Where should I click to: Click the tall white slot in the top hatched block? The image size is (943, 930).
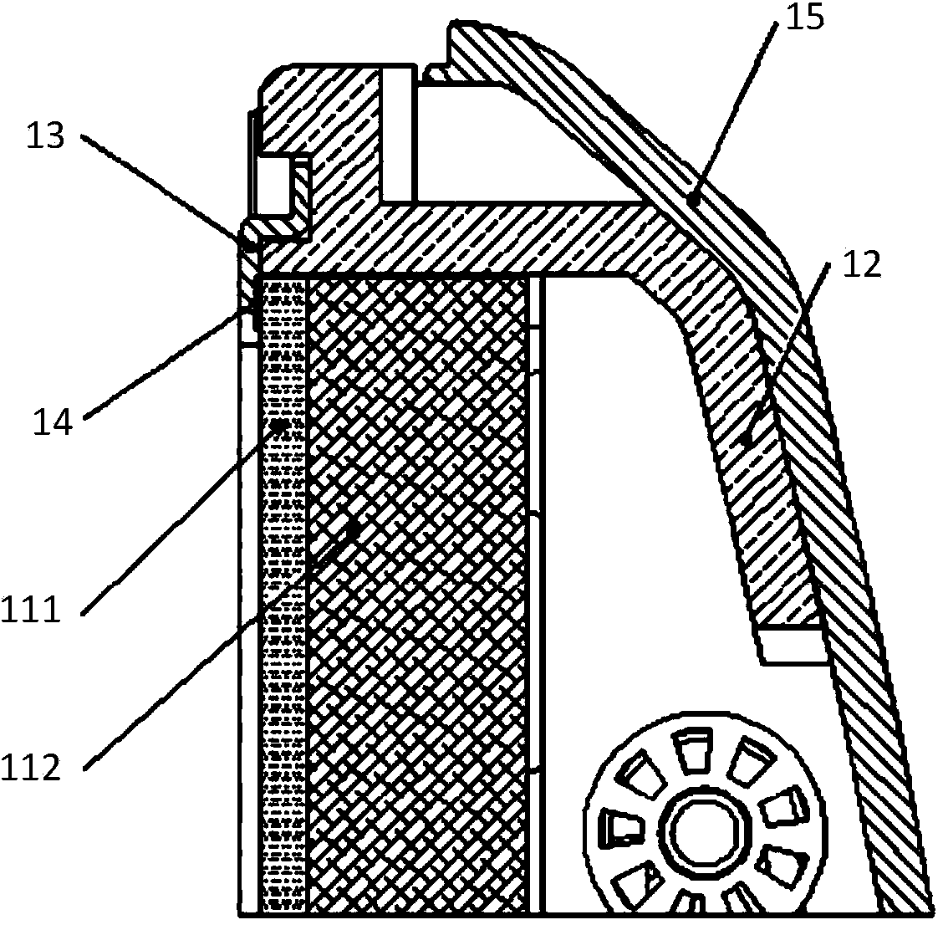[x=398, y=135]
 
